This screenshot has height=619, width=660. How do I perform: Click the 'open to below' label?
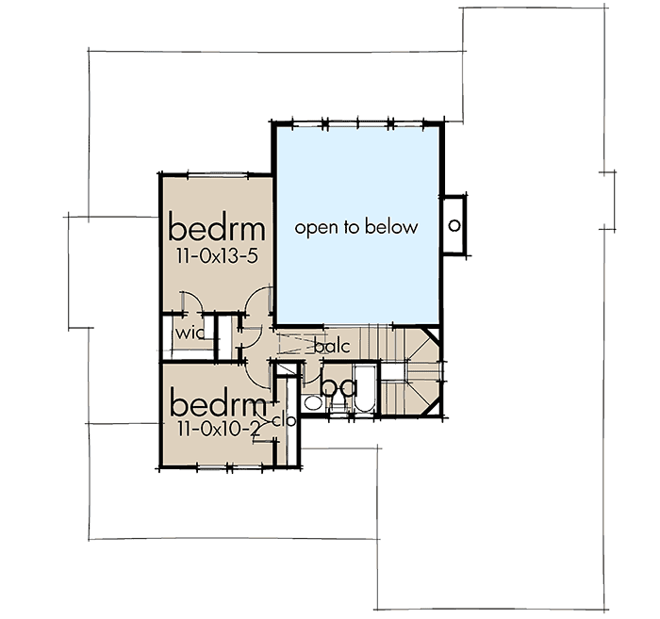coord(355,227)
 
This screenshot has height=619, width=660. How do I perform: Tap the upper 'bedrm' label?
coord(217,228)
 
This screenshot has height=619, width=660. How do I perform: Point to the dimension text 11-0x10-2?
coord(215,429)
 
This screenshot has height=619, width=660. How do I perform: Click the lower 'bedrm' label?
coord(215,405)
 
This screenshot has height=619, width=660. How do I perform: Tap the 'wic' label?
coord(189,333)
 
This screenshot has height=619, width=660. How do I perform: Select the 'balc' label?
coord(332,347)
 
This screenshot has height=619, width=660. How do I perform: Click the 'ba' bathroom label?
coord(337,386)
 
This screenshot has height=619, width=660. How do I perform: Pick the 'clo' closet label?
coord(284,420)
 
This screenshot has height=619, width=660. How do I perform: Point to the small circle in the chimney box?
coord(454,225)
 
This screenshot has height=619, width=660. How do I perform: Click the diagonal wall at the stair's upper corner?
coord(431,337)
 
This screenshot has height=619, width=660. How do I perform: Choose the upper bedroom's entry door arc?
coord(253,306)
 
